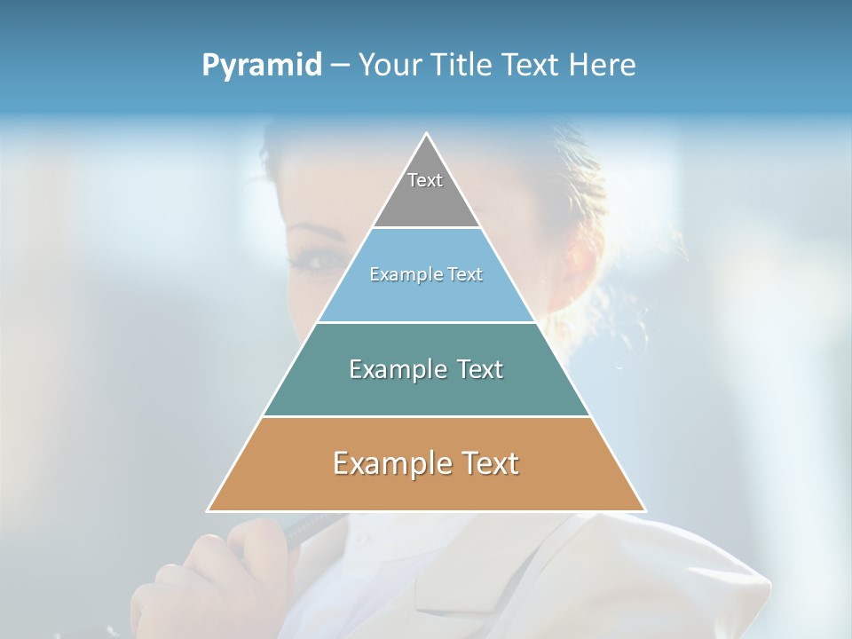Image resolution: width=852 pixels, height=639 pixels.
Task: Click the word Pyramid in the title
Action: click(262, 65)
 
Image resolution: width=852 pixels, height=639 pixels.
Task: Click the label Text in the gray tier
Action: click(425, 180)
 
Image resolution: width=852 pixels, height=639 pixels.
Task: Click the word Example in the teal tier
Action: click(389, 369)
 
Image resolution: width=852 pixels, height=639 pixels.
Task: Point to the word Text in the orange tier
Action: click(484, 463)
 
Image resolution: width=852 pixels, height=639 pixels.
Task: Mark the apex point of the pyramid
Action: click(427, 134)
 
